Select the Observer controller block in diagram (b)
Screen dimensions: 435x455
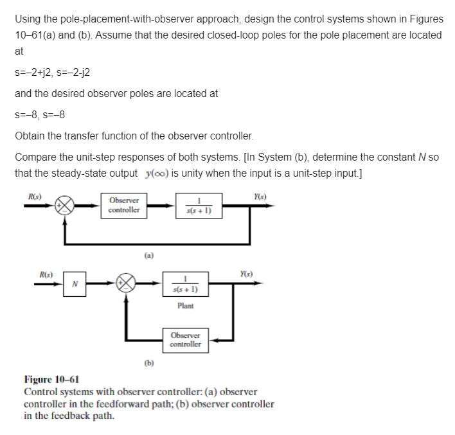point(185,340)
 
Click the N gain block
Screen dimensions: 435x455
point(75,283)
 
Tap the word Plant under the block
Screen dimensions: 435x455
point(185,306)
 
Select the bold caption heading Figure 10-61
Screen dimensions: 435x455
point(51,379)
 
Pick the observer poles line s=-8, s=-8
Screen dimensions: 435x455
point(40,116)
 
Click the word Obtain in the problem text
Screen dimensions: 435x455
point(30,136)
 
